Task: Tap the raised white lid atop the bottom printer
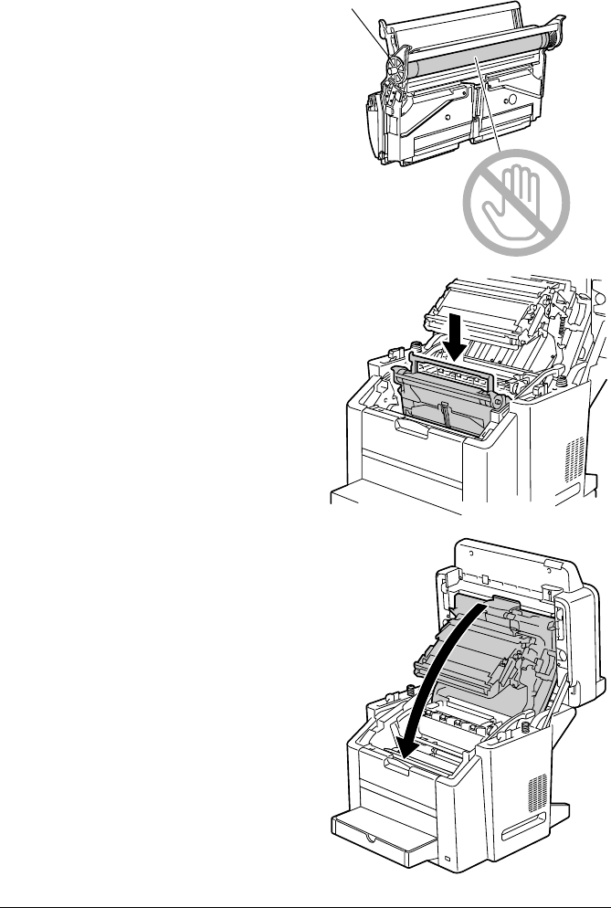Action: point(521,585)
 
